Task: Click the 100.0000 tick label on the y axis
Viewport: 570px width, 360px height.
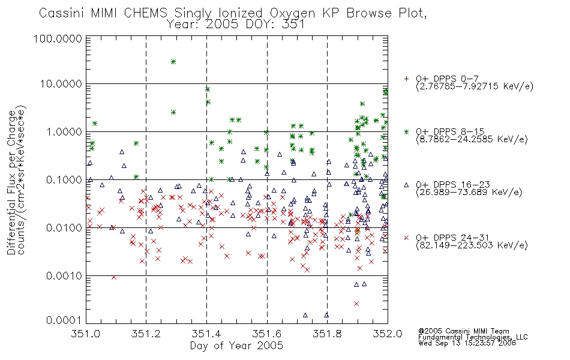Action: pyautogui.click(x=58, y=38)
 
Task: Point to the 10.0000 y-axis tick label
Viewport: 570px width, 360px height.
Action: pyautogui.click(x=61, y=84)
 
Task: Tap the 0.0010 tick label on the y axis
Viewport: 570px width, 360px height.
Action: pyautogui.click(x=64, y=276)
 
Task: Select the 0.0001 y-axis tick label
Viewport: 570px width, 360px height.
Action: pyautogui.click(x=64, y=320)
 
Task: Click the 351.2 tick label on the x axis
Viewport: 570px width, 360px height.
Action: pyautogui.click(x=146, y=334)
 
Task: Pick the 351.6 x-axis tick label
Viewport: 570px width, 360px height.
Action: pyautogui.click(x=267, y=334)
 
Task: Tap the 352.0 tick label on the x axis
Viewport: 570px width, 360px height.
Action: pyautogui.click(x=388, y=334)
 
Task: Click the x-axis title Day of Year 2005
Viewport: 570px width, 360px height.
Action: pyautogui.click(x=236, y=346)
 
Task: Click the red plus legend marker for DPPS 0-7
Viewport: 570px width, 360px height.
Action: pyautogui.click(x=407, y=79)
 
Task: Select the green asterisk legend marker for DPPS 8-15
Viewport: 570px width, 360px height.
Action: pyautogui.click(x=407, y=131)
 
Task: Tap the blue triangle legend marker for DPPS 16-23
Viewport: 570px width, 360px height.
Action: pyautogui.click(x=407, y=185)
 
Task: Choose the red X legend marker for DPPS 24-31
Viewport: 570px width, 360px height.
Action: pyautogui.click(x=407, y=238)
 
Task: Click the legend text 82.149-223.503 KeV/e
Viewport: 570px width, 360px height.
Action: pyautogui.click(x=472, y=245)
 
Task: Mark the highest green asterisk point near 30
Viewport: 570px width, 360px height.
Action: pyautogui.click(x=173, y=62)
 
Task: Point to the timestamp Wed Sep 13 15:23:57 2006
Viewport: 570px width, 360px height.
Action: pyautogui.click(x=467, y=343)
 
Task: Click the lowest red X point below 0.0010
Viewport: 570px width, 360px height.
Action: pyautogui.click(x=356, y=304)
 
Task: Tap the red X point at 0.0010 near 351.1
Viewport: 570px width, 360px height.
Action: pyautogui.click(x=114, y=277)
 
